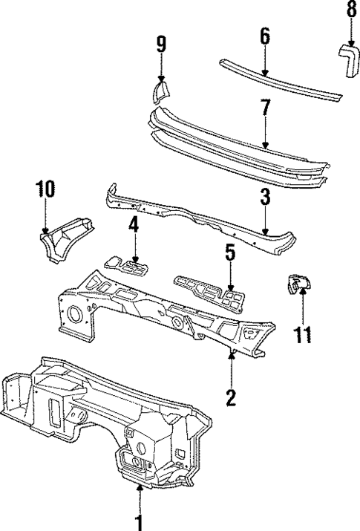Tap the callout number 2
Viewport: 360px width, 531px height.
231,397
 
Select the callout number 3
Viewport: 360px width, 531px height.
265,198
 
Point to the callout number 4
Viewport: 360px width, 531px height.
134,224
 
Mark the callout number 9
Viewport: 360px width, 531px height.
161,44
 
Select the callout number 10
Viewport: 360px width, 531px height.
46,189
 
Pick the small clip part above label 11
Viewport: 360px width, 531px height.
298,283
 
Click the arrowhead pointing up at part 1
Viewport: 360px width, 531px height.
139,488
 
